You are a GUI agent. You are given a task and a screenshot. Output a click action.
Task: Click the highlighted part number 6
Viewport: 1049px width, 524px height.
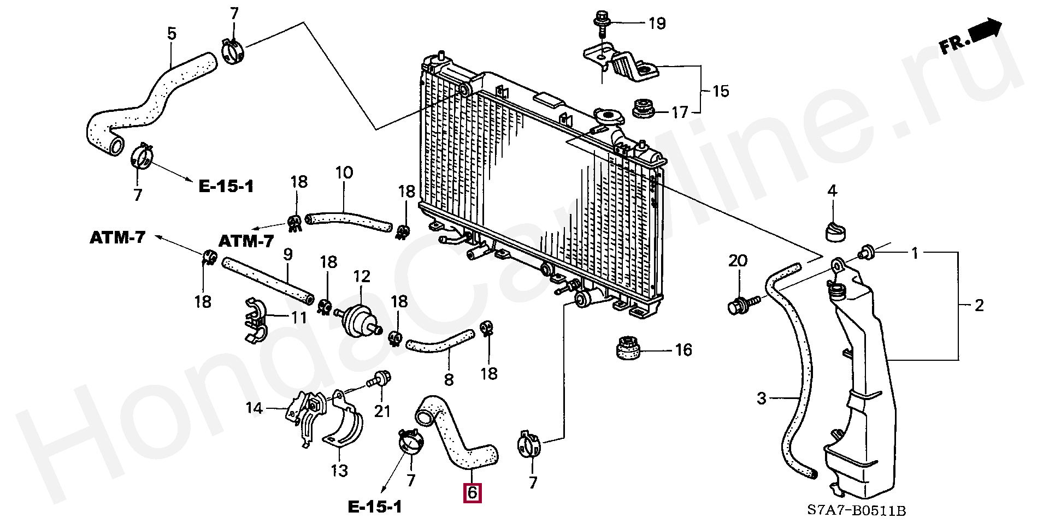[472, 492]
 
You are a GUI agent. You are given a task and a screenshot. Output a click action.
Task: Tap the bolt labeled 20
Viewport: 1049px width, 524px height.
[740, 304]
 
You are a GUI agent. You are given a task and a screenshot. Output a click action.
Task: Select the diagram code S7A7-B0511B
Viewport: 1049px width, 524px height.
[856, 511]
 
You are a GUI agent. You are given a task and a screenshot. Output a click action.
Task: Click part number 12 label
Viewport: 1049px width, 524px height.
[362, 277]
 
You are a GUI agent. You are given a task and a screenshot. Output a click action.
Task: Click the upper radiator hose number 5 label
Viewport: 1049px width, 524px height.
[172, 34]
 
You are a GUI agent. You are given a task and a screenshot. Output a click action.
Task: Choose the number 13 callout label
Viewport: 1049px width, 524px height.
[339, 470]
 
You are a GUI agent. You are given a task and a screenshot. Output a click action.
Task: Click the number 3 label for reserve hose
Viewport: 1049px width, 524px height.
[762, 398]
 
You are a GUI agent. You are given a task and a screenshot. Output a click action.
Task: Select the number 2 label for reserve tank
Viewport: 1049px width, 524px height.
[979, 305]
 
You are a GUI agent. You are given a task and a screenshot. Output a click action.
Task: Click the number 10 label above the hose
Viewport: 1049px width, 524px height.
[344, 174]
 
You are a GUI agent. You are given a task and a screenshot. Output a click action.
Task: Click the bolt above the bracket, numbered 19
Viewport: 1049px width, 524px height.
[600, 23]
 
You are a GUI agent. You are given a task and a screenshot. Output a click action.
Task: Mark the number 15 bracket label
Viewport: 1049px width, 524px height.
[721, 91]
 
